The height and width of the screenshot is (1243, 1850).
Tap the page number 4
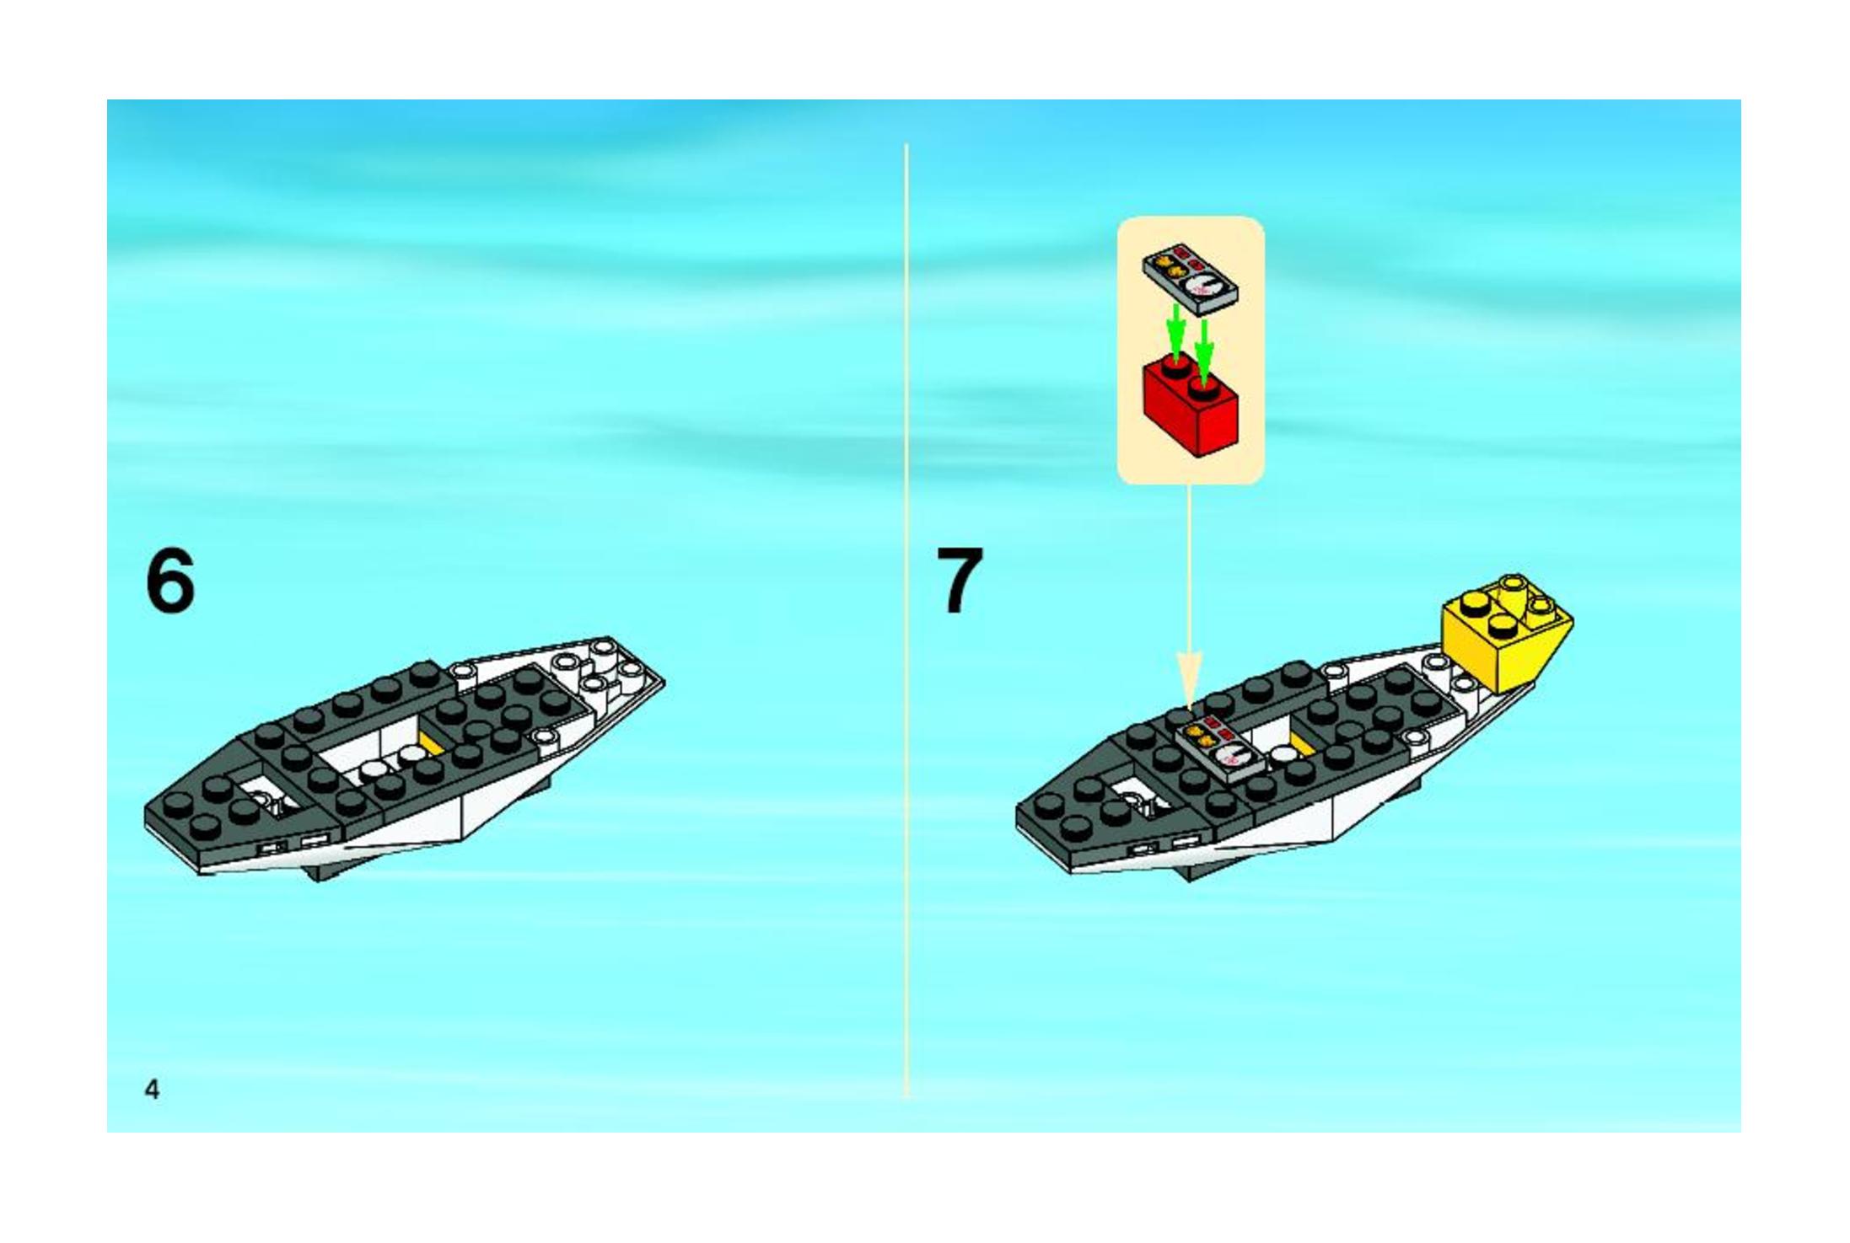(x=152, y=1090)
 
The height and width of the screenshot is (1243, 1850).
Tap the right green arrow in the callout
(x=1205, y=347)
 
